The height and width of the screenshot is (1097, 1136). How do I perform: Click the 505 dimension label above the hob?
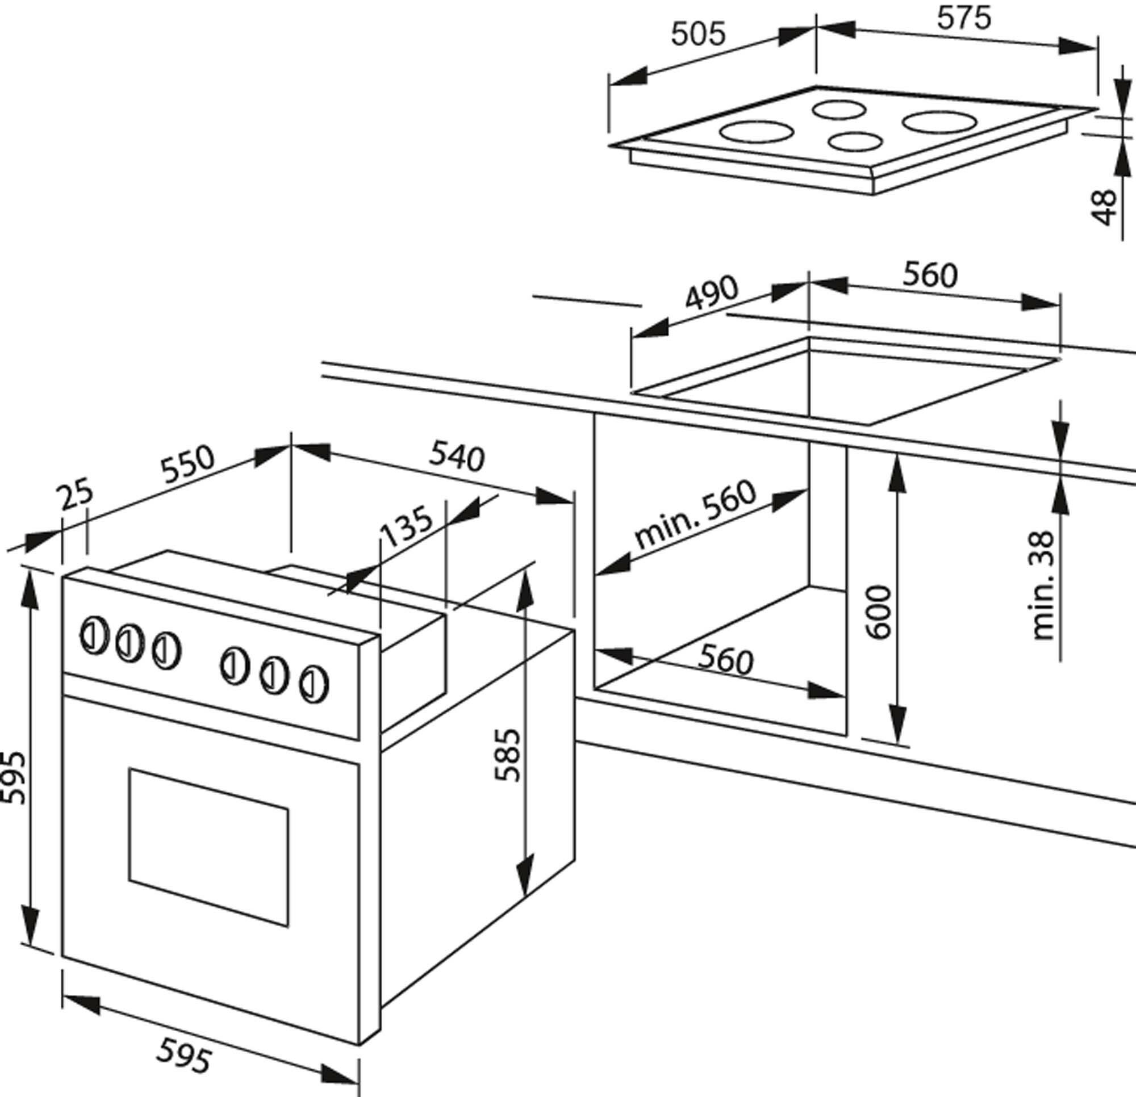point(698,34)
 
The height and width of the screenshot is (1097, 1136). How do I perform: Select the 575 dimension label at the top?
point(964,18)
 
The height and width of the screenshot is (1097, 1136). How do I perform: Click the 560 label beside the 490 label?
point(930,275)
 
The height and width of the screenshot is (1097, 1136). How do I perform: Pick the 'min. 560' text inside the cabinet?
point(695,514)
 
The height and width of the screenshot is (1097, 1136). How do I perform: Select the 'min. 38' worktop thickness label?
point(1043,585)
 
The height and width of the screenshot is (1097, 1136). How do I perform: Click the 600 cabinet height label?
point(879,612)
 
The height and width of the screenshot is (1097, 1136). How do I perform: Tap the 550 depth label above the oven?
point(187,463)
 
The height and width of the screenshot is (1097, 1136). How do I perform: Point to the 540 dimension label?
point(456,457)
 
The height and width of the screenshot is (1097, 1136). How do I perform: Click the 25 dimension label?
point(76,493)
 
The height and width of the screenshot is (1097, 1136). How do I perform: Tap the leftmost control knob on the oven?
point(94,636)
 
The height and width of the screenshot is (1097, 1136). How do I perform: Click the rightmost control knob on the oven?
point(314,684)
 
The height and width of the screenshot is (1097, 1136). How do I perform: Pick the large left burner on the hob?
point(757,132)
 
